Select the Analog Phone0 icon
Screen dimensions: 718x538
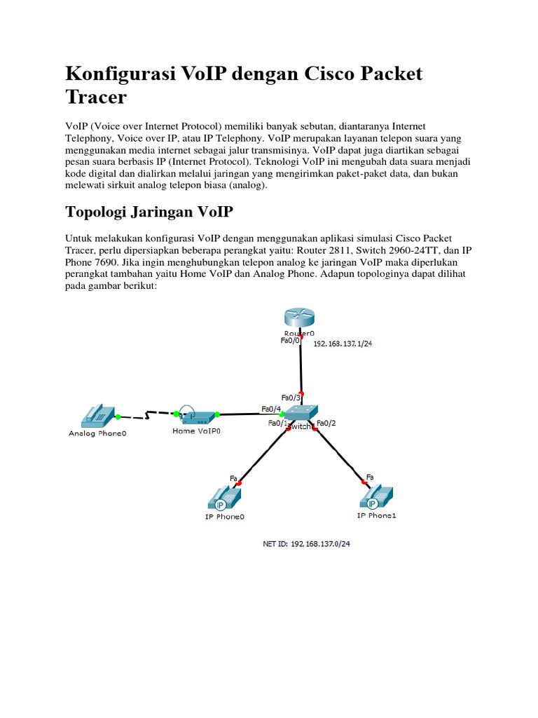point(97,416)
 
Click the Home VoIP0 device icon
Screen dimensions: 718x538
point(196,415)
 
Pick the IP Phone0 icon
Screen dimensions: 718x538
point(225,499)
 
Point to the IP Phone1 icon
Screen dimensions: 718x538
point(377,498)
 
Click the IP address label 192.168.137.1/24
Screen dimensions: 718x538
point(343,344)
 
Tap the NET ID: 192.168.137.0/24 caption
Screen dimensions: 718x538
point(306,544)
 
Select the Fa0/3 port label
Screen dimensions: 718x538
point(290,398)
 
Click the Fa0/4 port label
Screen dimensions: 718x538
point(271,409)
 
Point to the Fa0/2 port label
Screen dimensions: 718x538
point(326,423)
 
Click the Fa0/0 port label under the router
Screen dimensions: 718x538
point(289,341)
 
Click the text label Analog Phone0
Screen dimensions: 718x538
point(97,433)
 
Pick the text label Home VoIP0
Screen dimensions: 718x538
point(196,431)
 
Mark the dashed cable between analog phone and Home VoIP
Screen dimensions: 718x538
point(146,416)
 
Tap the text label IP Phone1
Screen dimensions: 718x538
point(376,515)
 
